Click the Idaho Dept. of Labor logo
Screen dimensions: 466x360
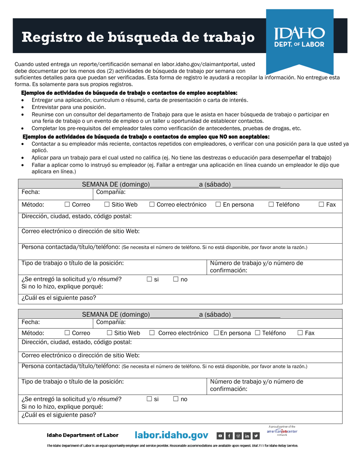[299, 37]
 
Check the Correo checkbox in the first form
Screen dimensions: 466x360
[67, 205]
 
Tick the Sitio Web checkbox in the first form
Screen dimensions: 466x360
[106, 205]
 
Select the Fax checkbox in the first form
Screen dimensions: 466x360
[321, 205]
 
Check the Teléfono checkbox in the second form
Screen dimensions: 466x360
[257, 333]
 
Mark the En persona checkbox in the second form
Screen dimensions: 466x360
[216, 333]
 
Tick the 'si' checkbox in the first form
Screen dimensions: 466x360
[149, 280]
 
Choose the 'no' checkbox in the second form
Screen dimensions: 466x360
[176, 399]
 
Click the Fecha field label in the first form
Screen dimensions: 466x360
[31, 192]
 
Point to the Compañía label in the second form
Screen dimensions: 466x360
[111, 322]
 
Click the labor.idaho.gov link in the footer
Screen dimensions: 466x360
[172, 436]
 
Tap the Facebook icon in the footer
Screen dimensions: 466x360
[229, 436]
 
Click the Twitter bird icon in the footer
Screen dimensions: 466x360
[256, 436]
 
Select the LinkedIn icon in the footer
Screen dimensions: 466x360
[247, 436]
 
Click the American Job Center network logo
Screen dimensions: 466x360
[282, 431]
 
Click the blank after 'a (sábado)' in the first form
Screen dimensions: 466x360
[256, 185]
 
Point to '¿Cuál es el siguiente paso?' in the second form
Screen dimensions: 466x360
[59, 414]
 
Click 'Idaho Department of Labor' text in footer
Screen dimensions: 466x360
[82, 436]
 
